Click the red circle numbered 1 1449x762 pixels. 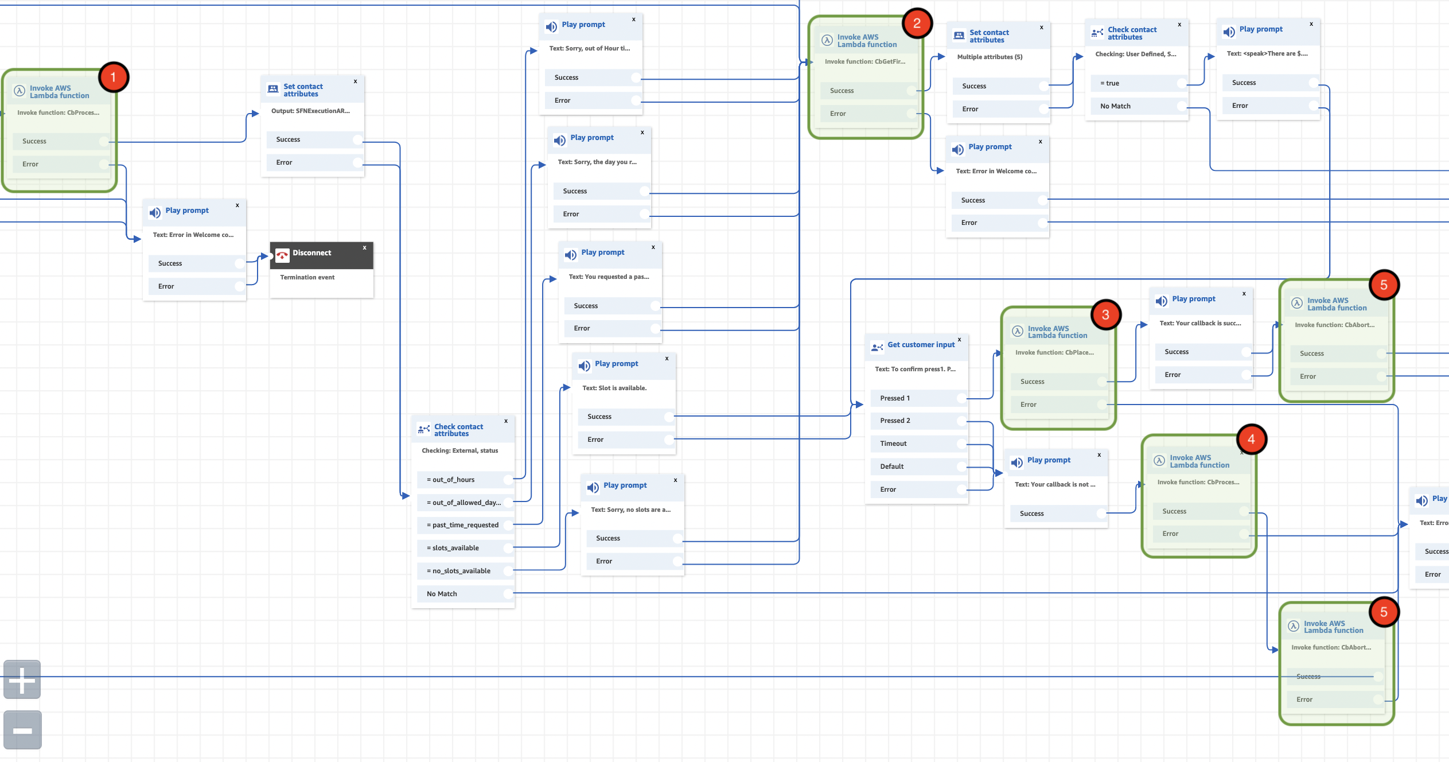[113, 77]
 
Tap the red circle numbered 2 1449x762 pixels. [917, 24]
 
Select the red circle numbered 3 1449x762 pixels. [1105, 314]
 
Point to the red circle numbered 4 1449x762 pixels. [1251, 440]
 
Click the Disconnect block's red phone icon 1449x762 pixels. [282, 255]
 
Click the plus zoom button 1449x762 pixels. [22, 680]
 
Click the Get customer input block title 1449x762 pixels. [921, 345]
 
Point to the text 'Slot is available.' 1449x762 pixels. [614, 388]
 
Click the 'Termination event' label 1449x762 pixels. [307, 278]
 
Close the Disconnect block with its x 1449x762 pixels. [364, 248]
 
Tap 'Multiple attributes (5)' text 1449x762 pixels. [990, 57]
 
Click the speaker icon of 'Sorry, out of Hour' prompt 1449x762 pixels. [551, 27]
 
